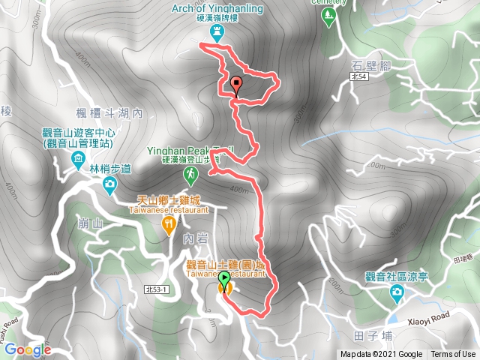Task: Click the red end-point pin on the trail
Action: point(236,85)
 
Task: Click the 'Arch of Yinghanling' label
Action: point(217,10)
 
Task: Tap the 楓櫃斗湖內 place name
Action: point(109,113)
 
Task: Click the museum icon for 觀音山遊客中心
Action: point(78,159)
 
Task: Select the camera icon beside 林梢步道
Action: point(110,183)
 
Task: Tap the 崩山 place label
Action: point(89,223)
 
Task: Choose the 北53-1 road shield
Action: point(158,289)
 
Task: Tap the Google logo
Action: point(27,349)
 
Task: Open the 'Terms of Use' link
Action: point(452,355)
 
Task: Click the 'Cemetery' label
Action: point(338,2)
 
